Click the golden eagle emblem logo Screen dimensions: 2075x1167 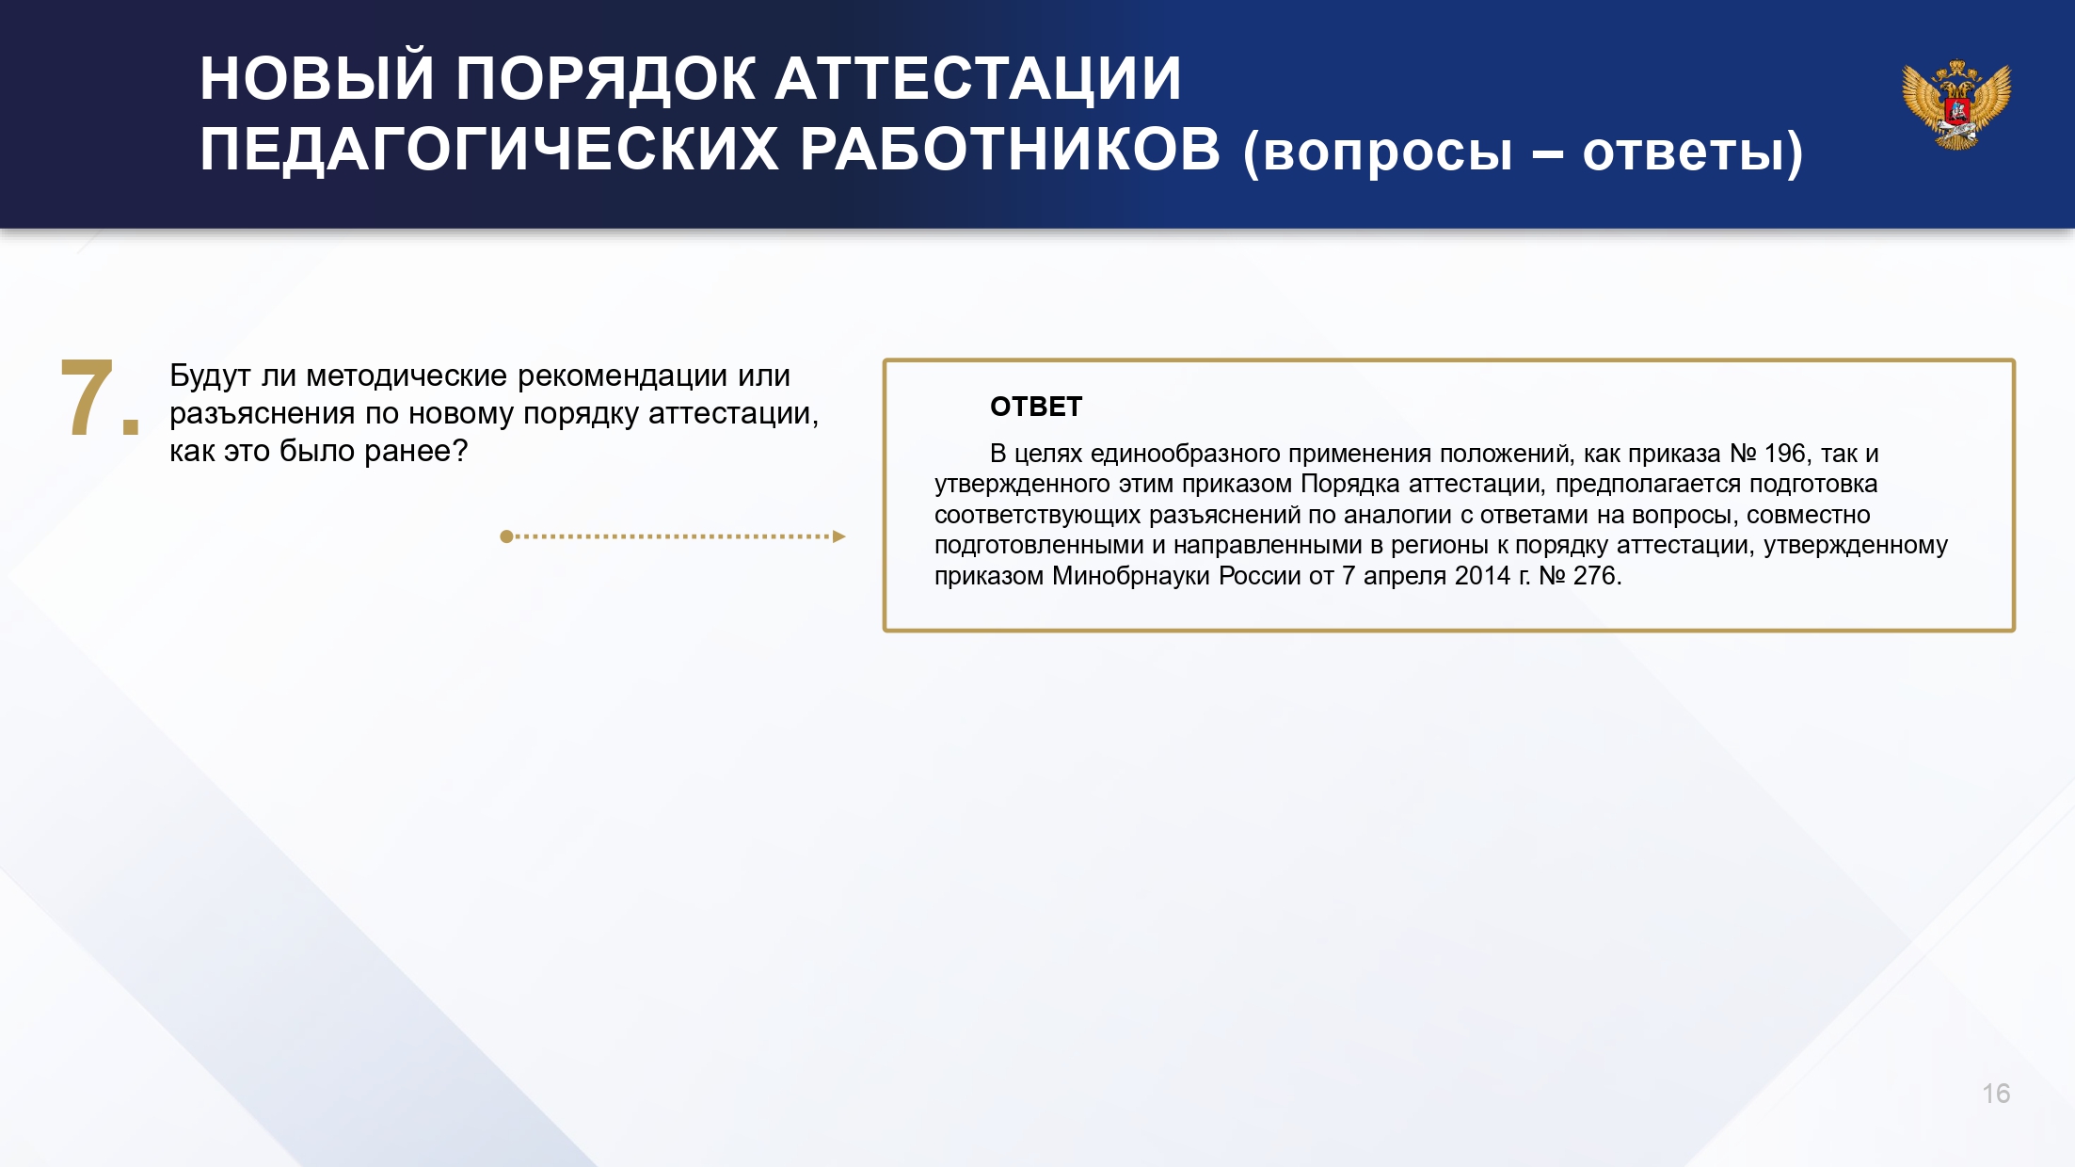click(1956, 104)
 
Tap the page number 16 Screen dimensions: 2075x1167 click(1996, 1094)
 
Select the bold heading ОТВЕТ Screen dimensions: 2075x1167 click(1036, 407)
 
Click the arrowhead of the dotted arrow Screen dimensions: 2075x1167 click(839, 536)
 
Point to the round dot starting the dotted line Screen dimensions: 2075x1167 click(506, 536)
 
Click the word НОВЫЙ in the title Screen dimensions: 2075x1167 click(317, 78)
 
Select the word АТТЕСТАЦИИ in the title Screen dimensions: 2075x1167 click(979, 78)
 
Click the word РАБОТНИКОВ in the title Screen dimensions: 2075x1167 click(1011, 150)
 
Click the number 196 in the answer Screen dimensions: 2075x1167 click(1784, 454)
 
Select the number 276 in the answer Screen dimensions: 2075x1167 click(1597, 575)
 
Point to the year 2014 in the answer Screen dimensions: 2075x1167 click(1482, 575)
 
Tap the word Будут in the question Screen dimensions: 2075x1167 click(210, 376)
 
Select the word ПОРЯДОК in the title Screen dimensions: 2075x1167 click(606, 78)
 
